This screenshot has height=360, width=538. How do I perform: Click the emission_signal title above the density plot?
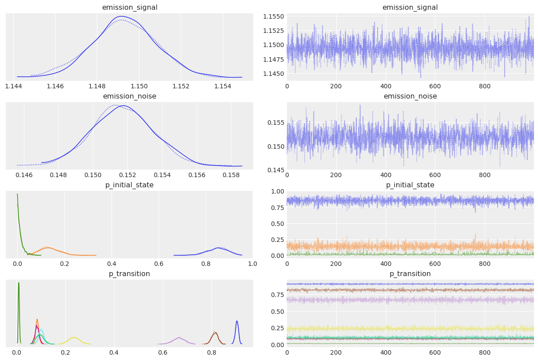tap(129, 7)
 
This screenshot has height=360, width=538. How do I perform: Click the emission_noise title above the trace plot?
tap(410, 96)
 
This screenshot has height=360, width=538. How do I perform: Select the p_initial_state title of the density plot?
tap(129, 185)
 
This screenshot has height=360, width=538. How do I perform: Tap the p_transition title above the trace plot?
tap(410, 273)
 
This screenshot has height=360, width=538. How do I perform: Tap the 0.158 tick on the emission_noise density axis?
tap(231, 175)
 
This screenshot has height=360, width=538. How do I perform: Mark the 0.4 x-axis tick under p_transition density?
tap(114, 352)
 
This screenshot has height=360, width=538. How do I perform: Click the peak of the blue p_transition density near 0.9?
tap(237, 321)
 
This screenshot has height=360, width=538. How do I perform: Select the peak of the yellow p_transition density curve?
tap(74, 337)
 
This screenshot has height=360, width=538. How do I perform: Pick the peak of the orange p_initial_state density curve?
tap(48, 247)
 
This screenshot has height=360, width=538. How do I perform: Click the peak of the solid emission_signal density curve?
tap(120, 16)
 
